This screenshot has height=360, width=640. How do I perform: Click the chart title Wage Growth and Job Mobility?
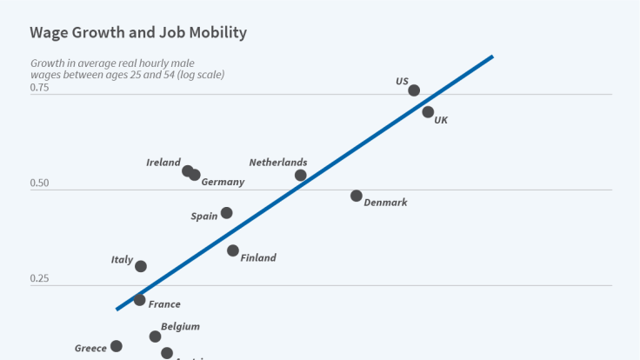click(138, 33)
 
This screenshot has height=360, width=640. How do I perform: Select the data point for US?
click(414, 90)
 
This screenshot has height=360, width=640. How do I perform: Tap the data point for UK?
click(428, 112)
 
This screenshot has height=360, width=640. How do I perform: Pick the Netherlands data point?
click(301, 175)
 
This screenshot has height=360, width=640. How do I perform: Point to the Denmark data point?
click(357, 196)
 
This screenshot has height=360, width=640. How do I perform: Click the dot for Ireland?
click(187, 170)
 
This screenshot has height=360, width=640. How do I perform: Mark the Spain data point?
click(227, 213)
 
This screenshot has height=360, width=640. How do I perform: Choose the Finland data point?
click(233, 250)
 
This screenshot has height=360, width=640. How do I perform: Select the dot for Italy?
click(141, 266)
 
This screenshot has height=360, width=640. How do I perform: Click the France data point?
click(140, 300)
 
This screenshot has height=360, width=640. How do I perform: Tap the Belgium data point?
click(155, 337)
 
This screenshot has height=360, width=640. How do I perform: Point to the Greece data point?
click(117, 346)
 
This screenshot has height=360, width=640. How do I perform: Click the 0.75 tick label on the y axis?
click(40, 89)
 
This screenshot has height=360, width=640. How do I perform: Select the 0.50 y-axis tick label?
click(40, 184)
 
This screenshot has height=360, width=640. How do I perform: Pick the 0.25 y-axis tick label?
click(40, 279)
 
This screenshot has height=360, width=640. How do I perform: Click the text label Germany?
click(223, 183)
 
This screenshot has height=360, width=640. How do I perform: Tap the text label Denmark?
click(385, 203)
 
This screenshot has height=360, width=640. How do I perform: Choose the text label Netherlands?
click(278, 163)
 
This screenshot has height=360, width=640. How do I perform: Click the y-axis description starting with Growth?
click(127, 69)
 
